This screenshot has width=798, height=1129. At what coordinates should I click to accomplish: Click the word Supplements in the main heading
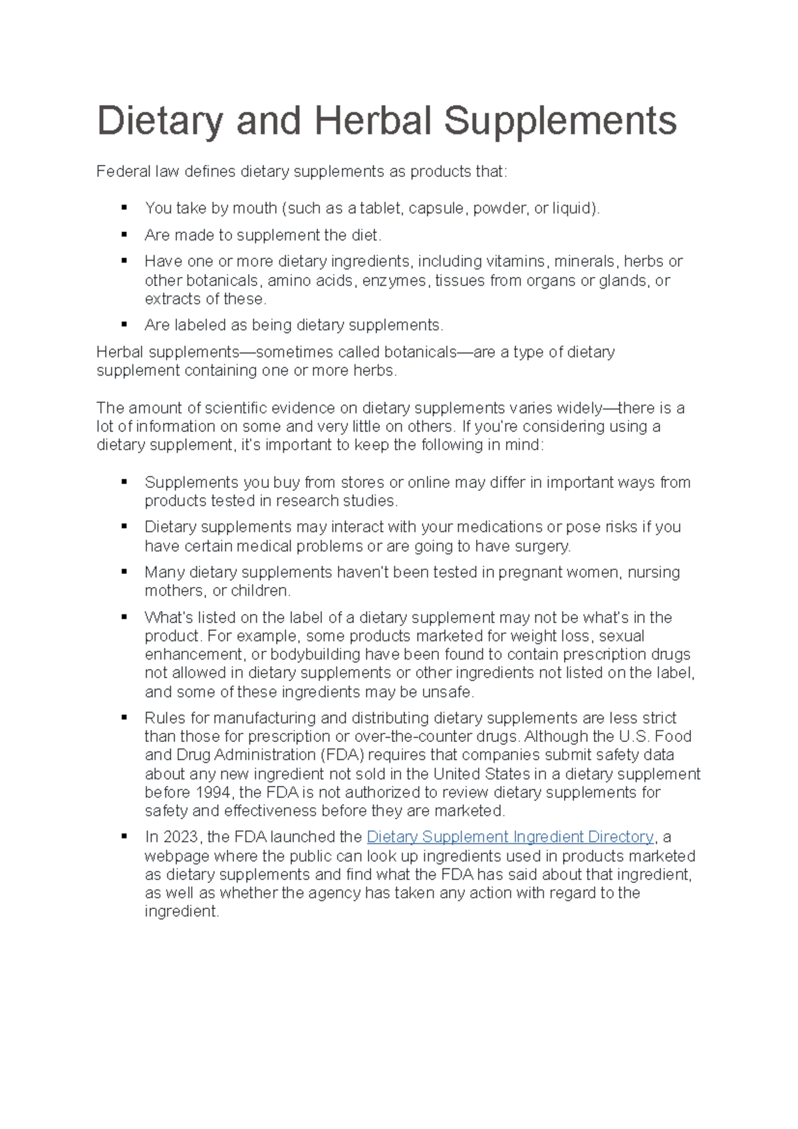(x=560, y=121)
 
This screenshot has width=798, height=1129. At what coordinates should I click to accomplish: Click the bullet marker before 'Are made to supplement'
(x=124, y=235)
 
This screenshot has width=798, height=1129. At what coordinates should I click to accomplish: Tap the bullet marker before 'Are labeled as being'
(x=124, y=324)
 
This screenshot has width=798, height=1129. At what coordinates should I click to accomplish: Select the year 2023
(x=182, y=837)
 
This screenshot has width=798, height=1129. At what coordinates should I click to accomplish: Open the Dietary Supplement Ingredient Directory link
(x=511, y=837)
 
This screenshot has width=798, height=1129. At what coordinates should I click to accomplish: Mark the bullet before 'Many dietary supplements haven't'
(x=124, y=572)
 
